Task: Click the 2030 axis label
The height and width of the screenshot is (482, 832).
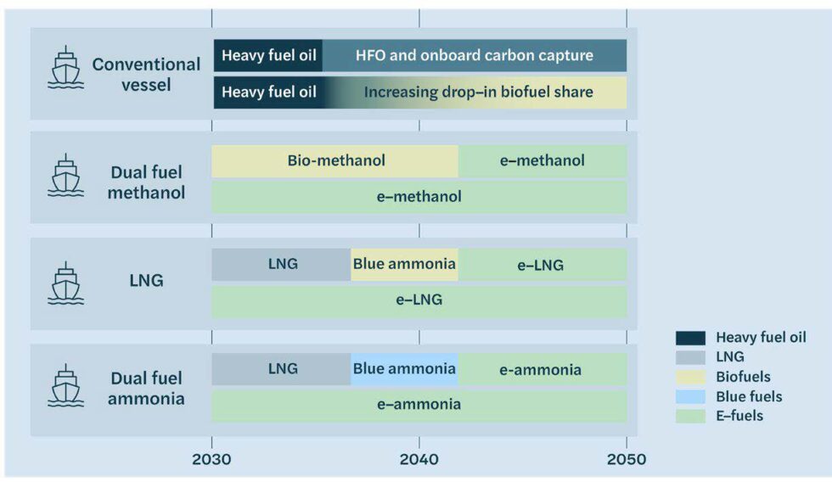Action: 211,459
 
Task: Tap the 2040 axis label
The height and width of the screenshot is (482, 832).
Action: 419,459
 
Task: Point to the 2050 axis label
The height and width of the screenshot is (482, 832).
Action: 627,459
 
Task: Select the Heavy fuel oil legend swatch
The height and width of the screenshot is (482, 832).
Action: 690,338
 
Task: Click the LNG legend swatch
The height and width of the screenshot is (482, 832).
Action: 690,357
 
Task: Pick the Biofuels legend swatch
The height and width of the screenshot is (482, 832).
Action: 690,377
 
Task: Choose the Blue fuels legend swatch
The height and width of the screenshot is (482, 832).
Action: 690,396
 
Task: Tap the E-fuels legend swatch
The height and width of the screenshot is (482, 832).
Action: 690,417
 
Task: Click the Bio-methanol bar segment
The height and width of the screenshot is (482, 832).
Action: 334,161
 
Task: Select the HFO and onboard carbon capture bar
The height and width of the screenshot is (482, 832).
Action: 475,55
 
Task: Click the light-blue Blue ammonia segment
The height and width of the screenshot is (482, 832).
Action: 404,369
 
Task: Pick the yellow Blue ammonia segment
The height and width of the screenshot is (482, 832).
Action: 404,265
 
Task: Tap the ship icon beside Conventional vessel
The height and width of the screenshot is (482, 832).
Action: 66,67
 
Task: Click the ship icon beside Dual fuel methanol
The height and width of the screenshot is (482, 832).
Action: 66,175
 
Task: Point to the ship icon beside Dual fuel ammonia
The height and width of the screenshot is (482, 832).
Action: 66,385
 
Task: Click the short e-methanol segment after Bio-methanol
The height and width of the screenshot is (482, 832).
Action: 542,161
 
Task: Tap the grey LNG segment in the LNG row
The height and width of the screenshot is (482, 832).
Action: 281,265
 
